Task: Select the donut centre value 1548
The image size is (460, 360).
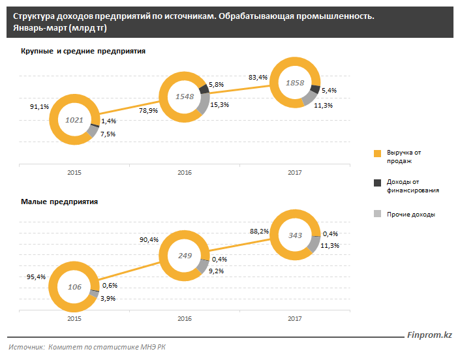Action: pos(185,97)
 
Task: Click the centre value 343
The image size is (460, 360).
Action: pos(295,235)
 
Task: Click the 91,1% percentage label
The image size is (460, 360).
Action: pos(40,107)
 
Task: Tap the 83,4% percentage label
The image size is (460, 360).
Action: pos(258,77)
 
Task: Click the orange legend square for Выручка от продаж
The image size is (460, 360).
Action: pos(377,153)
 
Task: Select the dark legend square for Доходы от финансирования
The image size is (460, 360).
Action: pos(377,184)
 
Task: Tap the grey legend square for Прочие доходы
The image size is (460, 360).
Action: pos(377,214)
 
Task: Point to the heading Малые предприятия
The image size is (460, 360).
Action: pos(59,202)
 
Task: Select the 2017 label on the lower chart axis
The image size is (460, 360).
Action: pos(295,319)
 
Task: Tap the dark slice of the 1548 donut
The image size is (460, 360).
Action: pos(204,88)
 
